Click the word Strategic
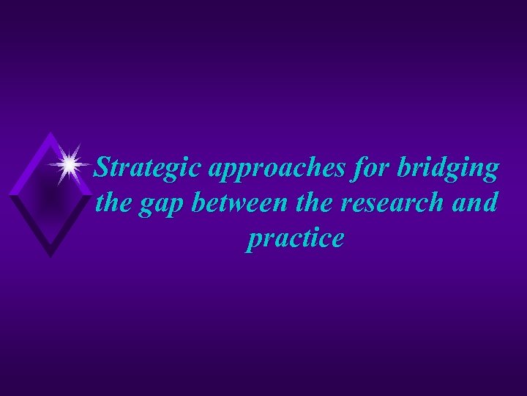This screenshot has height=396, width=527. tap(151, 169)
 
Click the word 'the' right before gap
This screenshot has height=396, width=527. tap(112, 202)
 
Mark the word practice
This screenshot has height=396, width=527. tap(294, 239)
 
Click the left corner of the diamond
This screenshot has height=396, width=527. tap(10, 194)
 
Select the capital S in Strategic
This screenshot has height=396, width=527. tap(105, 169)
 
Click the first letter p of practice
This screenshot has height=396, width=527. tap(253, 241)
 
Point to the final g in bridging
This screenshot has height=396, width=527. tap(490, 173)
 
